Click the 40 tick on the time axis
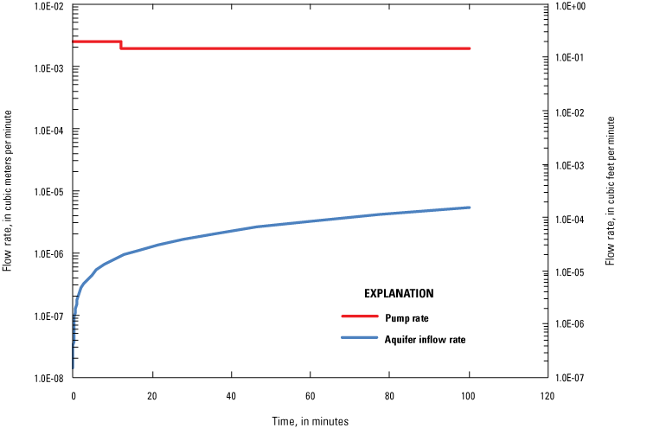click(231, 397)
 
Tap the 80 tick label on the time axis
click(389, 397)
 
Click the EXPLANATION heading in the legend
click(399, 293)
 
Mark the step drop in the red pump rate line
click(121, 45)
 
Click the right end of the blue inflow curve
click(469, 208)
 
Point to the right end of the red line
click(469, 48)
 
